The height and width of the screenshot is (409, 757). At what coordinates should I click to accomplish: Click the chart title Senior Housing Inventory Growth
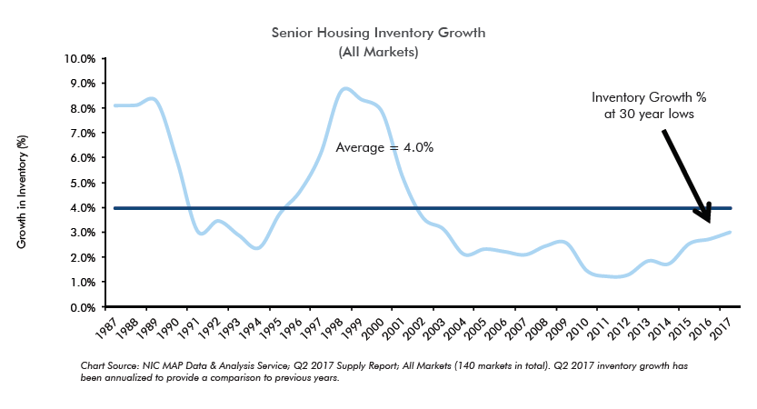377,33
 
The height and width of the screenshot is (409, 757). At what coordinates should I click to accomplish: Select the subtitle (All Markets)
377,52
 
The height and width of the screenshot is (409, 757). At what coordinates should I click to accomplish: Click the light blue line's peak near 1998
344,88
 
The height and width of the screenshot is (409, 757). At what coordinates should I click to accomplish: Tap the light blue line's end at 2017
730,232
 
